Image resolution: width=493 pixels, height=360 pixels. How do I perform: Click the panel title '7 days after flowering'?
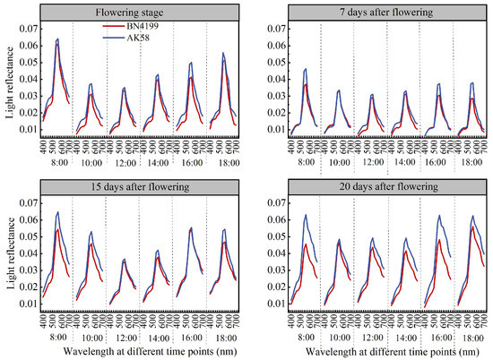(x=379, y=13)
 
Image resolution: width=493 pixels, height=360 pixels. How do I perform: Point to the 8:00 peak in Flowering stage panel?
(x=57, y=39)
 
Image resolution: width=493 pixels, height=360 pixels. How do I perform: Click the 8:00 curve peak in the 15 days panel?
(x=58, y=213)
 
